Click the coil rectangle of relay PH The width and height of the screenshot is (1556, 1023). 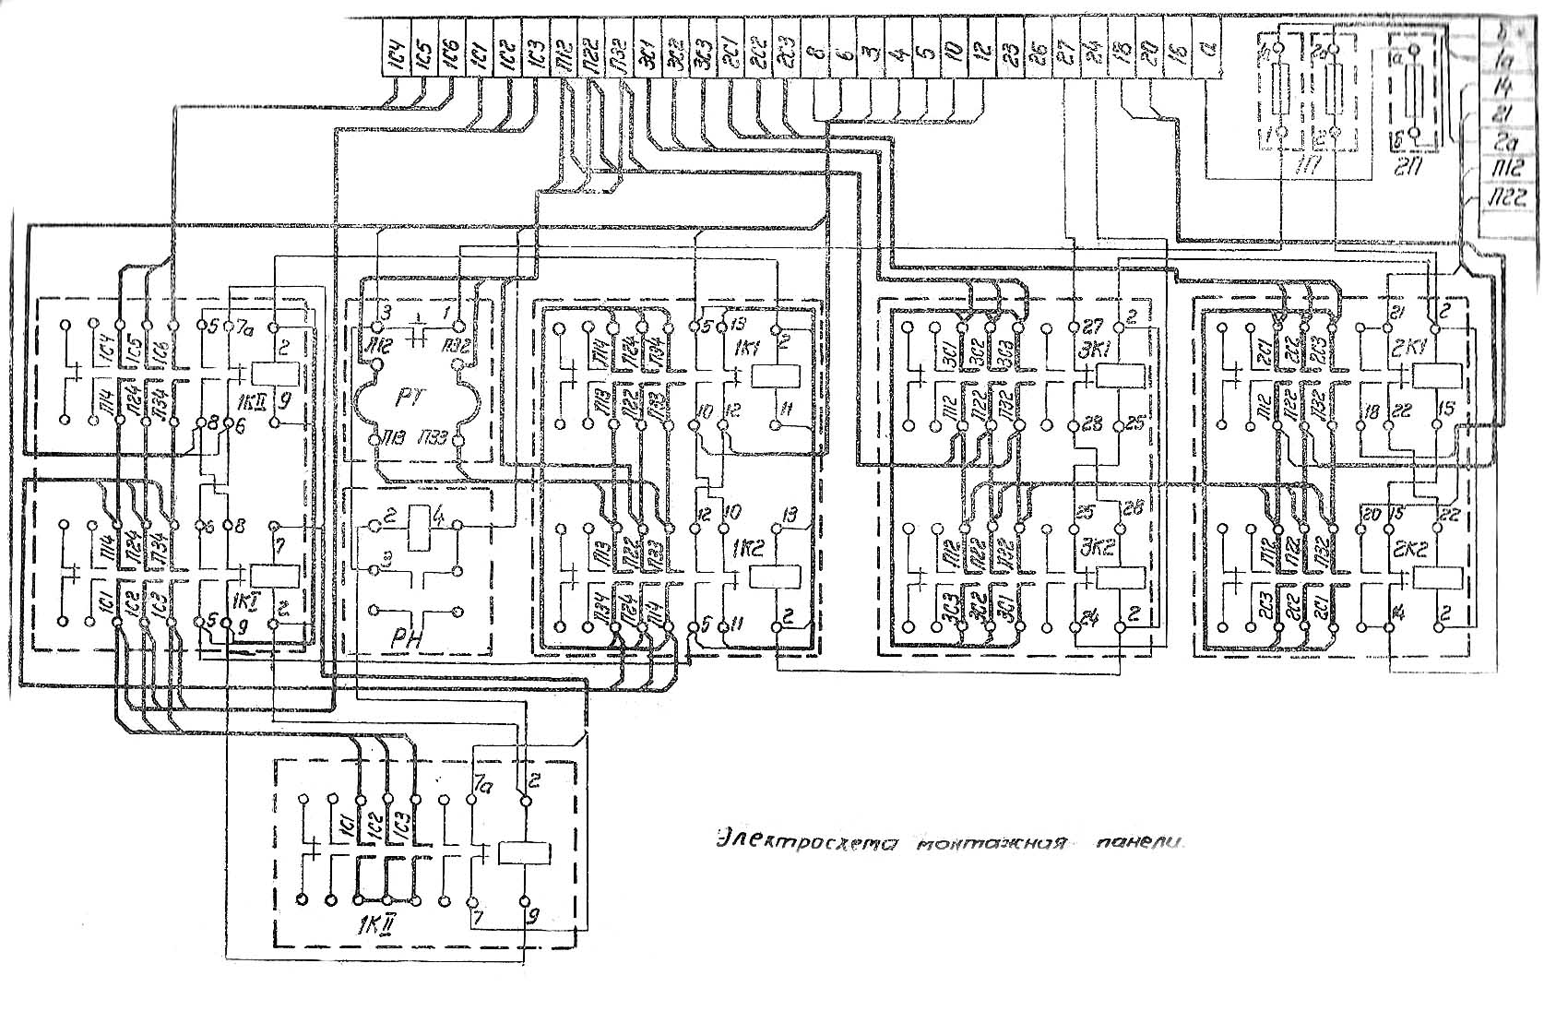pyautogui.click(x=419, y=518)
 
